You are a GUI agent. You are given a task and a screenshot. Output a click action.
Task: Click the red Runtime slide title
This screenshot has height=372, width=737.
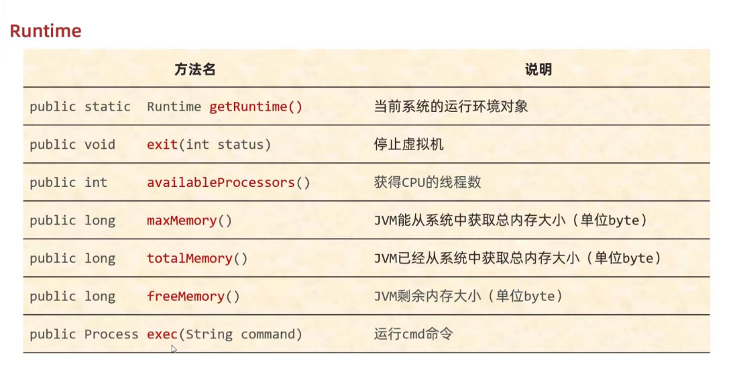point(46,31)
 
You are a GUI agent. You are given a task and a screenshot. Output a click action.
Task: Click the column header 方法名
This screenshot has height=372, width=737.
point(194,69)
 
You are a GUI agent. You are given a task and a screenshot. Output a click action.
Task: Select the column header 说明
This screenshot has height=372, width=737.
point(538,69)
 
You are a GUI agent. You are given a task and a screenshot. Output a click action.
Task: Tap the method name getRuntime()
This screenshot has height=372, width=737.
point(256,107)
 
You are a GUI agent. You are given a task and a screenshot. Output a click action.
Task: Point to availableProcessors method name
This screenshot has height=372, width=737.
point(221,182)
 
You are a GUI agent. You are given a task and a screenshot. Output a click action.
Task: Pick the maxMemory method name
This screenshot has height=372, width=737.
point(182,220)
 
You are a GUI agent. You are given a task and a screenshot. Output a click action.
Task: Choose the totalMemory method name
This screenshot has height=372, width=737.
point(189,258)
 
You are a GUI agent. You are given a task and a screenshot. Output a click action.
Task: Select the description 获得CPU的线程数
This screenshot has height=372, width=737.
point(427,182)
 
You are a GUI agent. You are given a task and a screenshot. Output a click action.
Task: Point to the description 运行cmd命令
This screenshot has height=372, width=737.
point(413,334)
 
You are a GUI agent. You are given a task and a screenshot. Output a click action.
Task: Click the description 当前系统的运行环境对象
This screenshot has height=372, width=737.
point(451,107)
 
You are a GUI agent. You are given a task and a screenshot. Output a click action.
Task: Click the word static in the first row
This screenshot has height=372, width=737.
point(107,107)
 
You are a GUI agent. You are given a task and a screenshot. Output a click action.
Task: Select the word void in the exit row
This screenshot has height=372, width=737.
point(100,144)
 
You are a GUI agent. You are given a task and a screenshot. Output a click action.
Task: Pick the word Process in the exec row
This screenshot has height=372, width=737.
point(111,334)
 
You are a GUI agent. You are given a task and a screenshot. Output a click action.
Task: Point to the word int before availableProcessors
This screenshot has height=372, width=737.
point(96,182)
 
